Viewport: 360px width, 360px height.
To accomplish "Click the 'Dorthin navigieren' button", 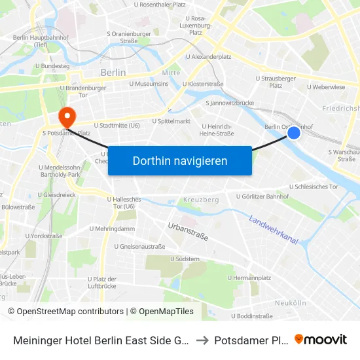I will point(180,160).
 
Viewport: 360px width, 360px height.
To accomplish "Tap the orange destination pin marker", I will point(67,117).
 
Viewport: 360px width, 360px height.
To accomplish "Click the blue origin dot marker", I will point(294,133).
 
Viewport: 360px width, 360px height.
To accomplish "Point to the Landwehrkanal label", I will point(274,230).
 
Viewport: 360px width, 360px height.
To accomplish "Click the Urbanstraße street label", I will point(188,231).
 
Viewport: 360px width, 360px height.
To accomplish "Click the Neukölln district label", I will point(291,302).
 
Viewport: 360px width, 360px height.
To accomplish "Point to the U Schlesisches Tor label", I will point(312,187).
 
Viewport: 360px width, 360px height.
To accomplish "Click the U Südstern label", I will point(185,259).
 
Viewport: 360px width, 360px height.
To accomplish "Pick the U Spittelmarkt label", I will point(171,121).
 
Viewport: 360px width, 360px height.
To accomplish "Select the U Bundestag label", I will point(52,66).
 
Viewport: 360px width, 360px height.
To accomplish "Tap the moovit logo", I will point(321,339).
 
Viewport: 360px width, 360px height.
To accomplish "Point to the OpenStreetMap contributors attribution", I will point(65,312).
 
